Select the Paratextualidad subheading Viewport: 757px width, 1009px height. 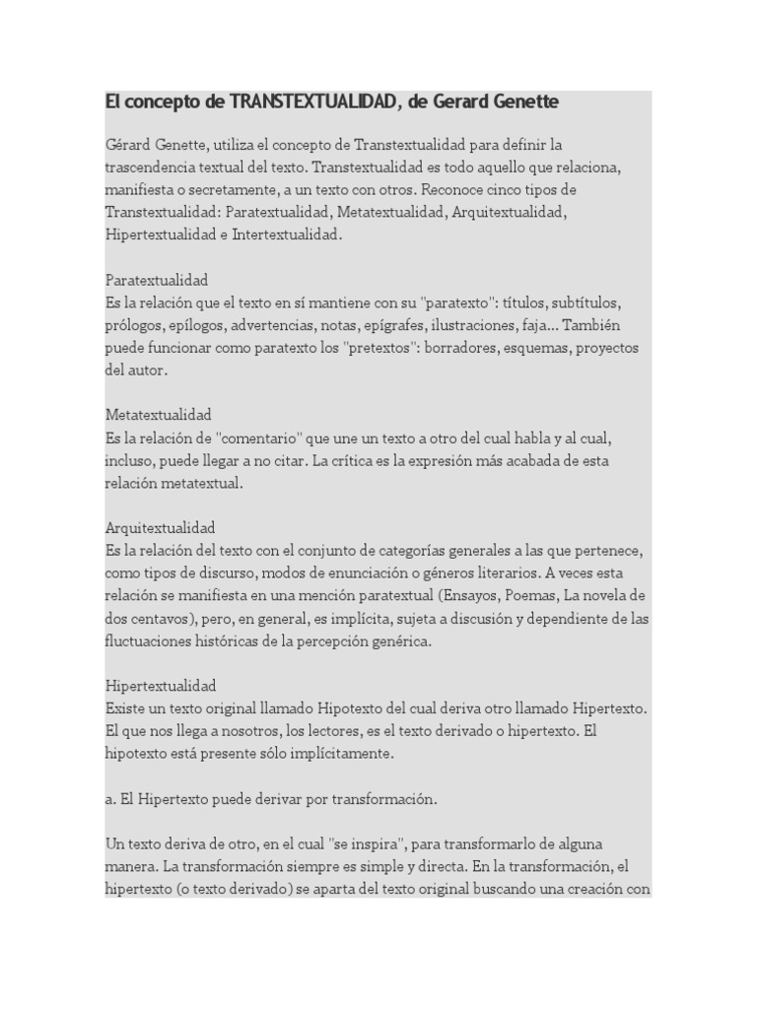point(157,280)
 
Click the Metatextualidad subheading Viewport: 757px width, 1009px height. point(159,415)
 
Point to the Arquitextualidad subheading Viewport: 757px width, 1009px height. point(160,527)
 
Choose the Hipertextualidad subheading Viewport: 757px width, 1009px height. point(161,685)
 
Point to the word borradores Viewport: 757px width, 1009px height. point(491,348)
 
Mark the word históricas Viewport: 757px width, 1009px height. point(236,640)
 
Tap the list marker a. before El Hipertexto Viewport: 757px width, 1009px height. point(110,799)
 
